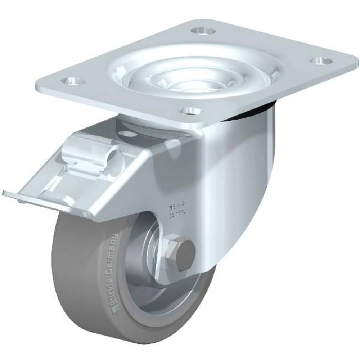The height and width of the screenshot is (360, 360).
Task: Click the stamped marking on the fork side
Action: click(x=176, y=210)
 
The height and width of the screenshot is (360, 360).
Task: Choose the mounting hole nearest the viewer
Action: click(x=189, y=110)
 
